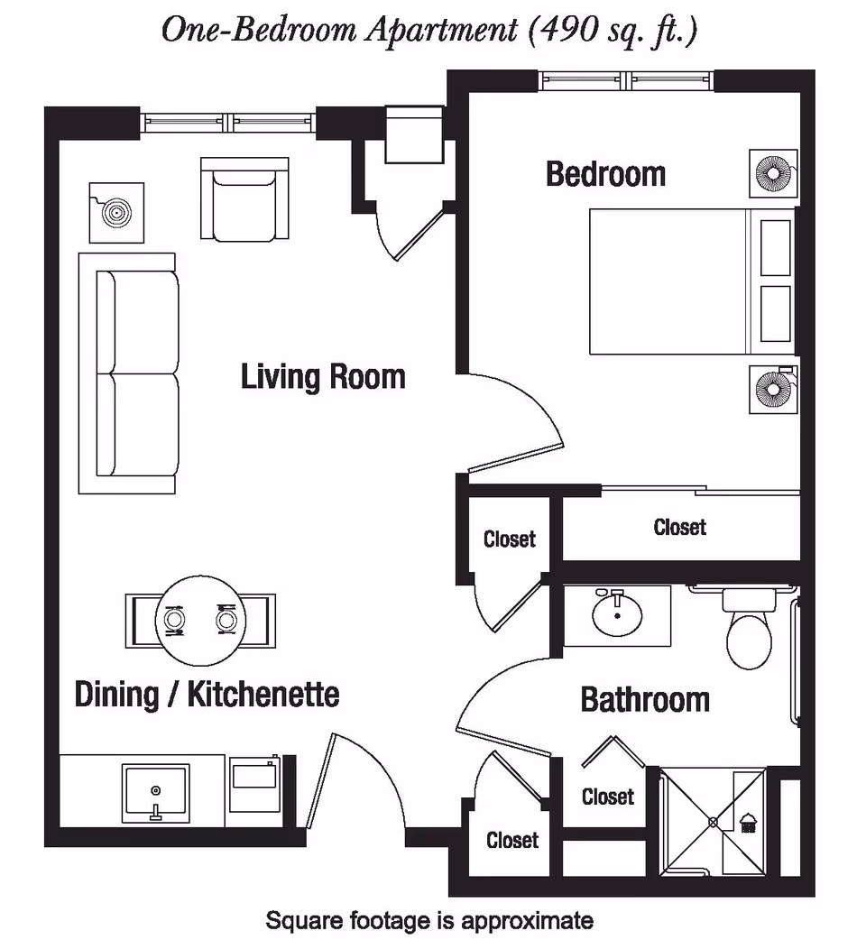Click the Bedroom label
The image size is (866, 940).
pos(605,173)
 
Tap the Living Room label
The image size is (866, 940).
pos(322,376)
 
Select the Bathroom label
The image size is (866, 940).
pos(644,699)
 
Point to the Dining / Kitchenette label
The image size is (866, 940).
pos(207,694)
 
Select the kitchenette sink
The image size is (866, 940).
pos(156,791)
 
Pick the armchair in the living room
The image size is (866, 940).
pos(244,200)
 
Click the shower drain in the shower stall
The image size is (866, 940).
pos(713,822)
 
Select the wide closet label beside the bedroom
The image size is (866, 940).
pos(679,526)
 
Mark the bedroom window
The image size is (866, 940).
pos(627,81)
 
